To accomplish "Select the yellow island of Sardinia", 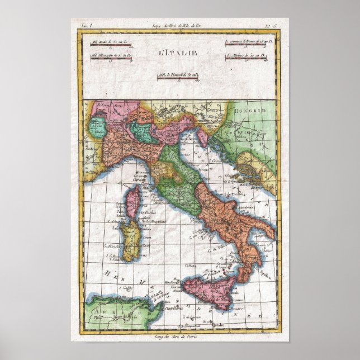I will click(x=131, y=241).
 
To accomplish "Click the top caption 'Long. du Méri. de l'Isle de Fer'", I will click(x=179, y=26).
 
